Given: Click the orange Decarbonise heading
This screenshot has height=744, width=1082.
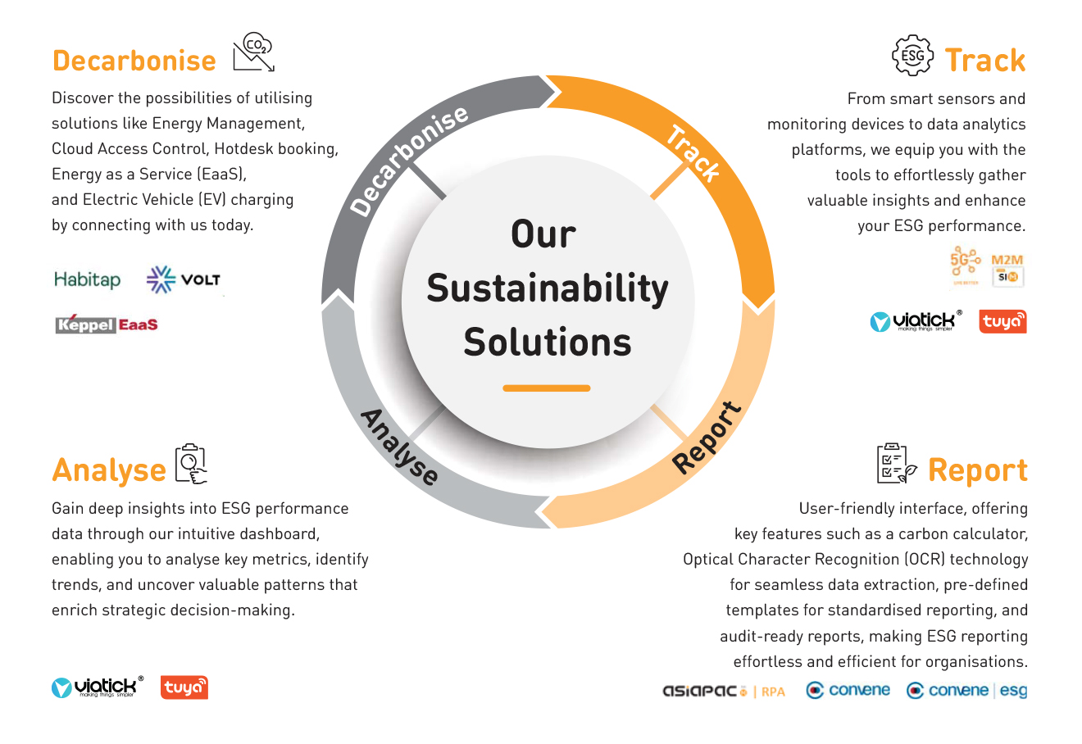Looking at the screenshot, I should tap(134, 61).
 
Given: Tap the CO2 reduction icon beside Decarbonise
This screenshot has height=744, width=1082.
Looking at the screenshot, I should tap(253, 53).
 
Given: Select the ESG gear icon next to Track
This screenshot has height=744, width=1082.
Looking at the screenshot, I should tap(912, 56).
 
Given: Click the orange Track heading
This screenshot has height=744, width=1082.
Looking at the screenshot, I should tap(985, 61).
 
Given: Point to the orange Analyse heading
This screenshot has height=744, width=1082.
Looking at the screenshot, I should tap(109, 470).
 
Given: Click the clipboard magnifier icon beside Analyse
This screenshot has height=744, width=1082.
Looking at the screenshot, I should tap(191, 465).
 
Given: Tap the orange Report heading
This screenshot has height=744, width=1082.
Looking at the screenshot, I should tap(977, 470).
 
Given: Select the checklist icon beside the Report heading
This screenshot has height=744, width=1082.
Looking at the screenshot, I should tap(896, 464).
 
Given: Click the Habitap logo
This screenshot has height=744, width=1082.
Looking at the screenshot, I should tap(87, 279).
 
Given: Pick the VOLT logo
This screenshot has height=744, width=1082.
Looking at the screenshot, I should tap(183, 279).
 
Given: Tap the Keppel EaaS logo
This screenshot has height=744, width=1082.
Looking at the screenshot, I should tap(107, 324).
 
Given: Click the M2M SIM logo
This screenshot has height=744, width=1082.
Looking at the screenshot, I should tap(1007, 270).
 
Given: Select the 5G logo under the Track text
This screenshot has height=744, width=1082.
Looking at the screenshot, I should tap(965, 265).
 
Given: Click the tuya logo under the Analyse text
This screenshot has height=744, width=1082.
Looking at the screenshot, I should tap(184, 687).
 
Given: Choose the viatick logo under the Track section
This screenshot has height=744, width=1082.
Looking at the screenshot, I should tap(916, 321).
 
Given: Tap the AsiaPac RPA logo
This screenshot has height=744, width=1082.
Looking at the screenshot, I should tap(724, 691).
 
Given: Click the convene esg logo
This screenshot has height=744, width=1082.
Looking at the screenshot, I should tap(966, 691).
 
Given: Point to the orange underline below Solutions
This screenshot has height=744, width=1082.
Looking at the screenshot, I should tap(547, 388).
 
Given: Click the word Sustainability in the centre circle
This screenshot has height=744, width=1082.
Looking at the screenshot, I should tap(548, 288).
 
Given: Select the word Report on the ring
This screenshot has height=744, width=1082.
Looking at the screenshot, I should tap(707, 438).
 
